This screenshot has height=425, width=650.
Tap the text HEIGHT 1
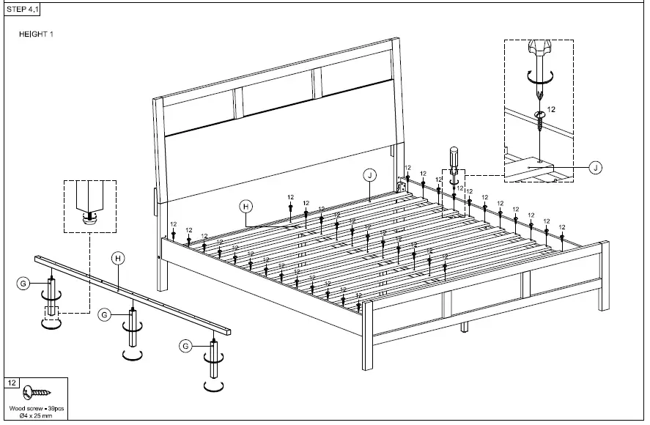(x=35, y=34)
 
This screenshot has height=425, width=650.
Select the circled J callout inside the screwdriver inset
(x=596, y=168)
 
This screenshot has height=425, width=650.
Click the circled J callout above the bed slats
(x=369, y=174)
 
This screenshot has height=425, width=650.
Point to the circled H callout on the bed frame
(x=246, y=207)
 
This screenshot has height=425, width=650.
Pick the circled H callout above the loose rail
(x=117, y=257)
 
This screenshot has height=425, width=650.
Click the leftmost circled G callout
(x=23, y=282)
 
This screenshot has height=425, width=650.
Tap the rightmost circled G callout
(x=185, y=345)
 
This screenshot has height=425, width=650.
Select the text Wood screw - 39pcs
(x=36, y=408)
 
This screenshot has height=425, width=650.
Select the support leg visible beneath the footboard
(x=464, y=326)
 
